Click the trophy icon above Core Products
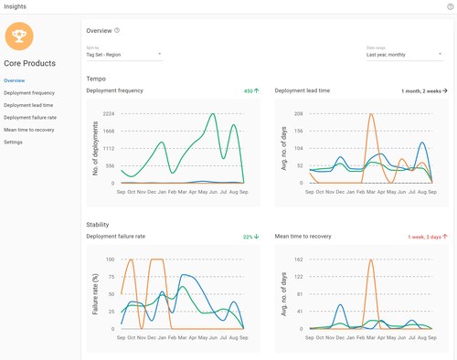click(20, 37)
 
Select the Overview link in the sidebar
click(15, 80)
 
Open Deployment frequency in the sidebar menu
click(29, 93)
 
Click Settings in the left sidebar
click(14, 142)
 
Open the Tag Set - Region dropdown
click(123, 54)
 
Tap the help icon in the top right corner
click(450, 6)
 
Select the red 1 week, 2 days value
click(424, 236)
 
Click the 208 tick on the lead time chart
click(297, 113)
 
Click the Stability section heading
click(98, 224)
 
